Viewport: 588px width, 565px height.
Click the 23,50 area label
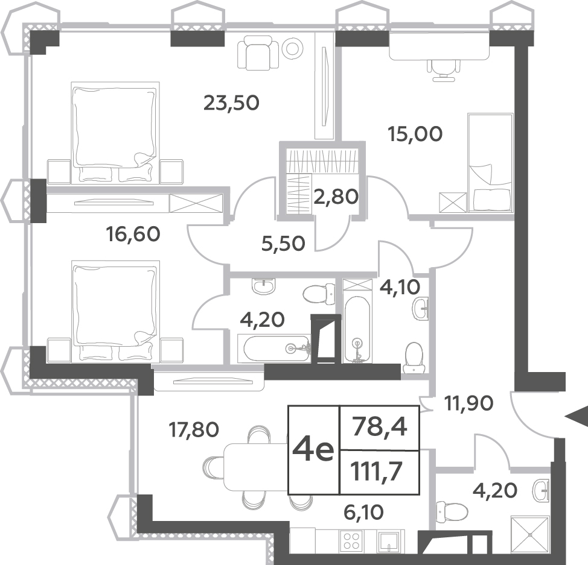click(231, 103)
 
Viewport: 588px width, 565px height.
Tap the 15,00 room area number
click(415, 134)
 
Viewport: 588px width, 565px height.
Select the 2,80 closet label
click(336, 197)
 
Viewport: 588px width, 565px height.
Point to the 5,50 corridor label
click(283, 244)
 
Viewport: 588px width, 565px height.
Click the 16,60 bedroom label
click(133, 234)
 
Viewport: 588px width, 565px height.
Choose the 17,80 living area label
click(194, 429)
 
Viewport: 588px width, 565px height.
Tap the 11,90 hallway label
click(468, 403)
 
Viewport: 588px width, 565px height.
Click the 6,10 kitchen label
click(363, 512)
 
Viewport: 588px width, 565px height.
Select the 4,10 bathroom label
click(400, 287)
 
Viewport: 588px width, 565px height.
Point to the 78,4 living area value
click(379, 428)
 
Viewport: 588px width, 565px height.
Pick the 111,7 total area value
click(376, 472)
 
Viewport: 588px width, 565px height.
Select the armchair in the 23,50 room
click(258, 52)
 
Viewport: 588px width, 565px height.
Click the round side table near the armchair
click(293, 48)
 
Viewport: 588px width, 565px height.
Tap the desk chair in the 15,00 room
click(444, 70)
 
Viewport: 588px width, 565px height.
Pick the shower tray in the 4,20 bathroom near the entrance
click(530, 534)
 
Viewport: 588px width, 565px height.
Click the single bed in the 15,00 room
click(490, 163)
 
